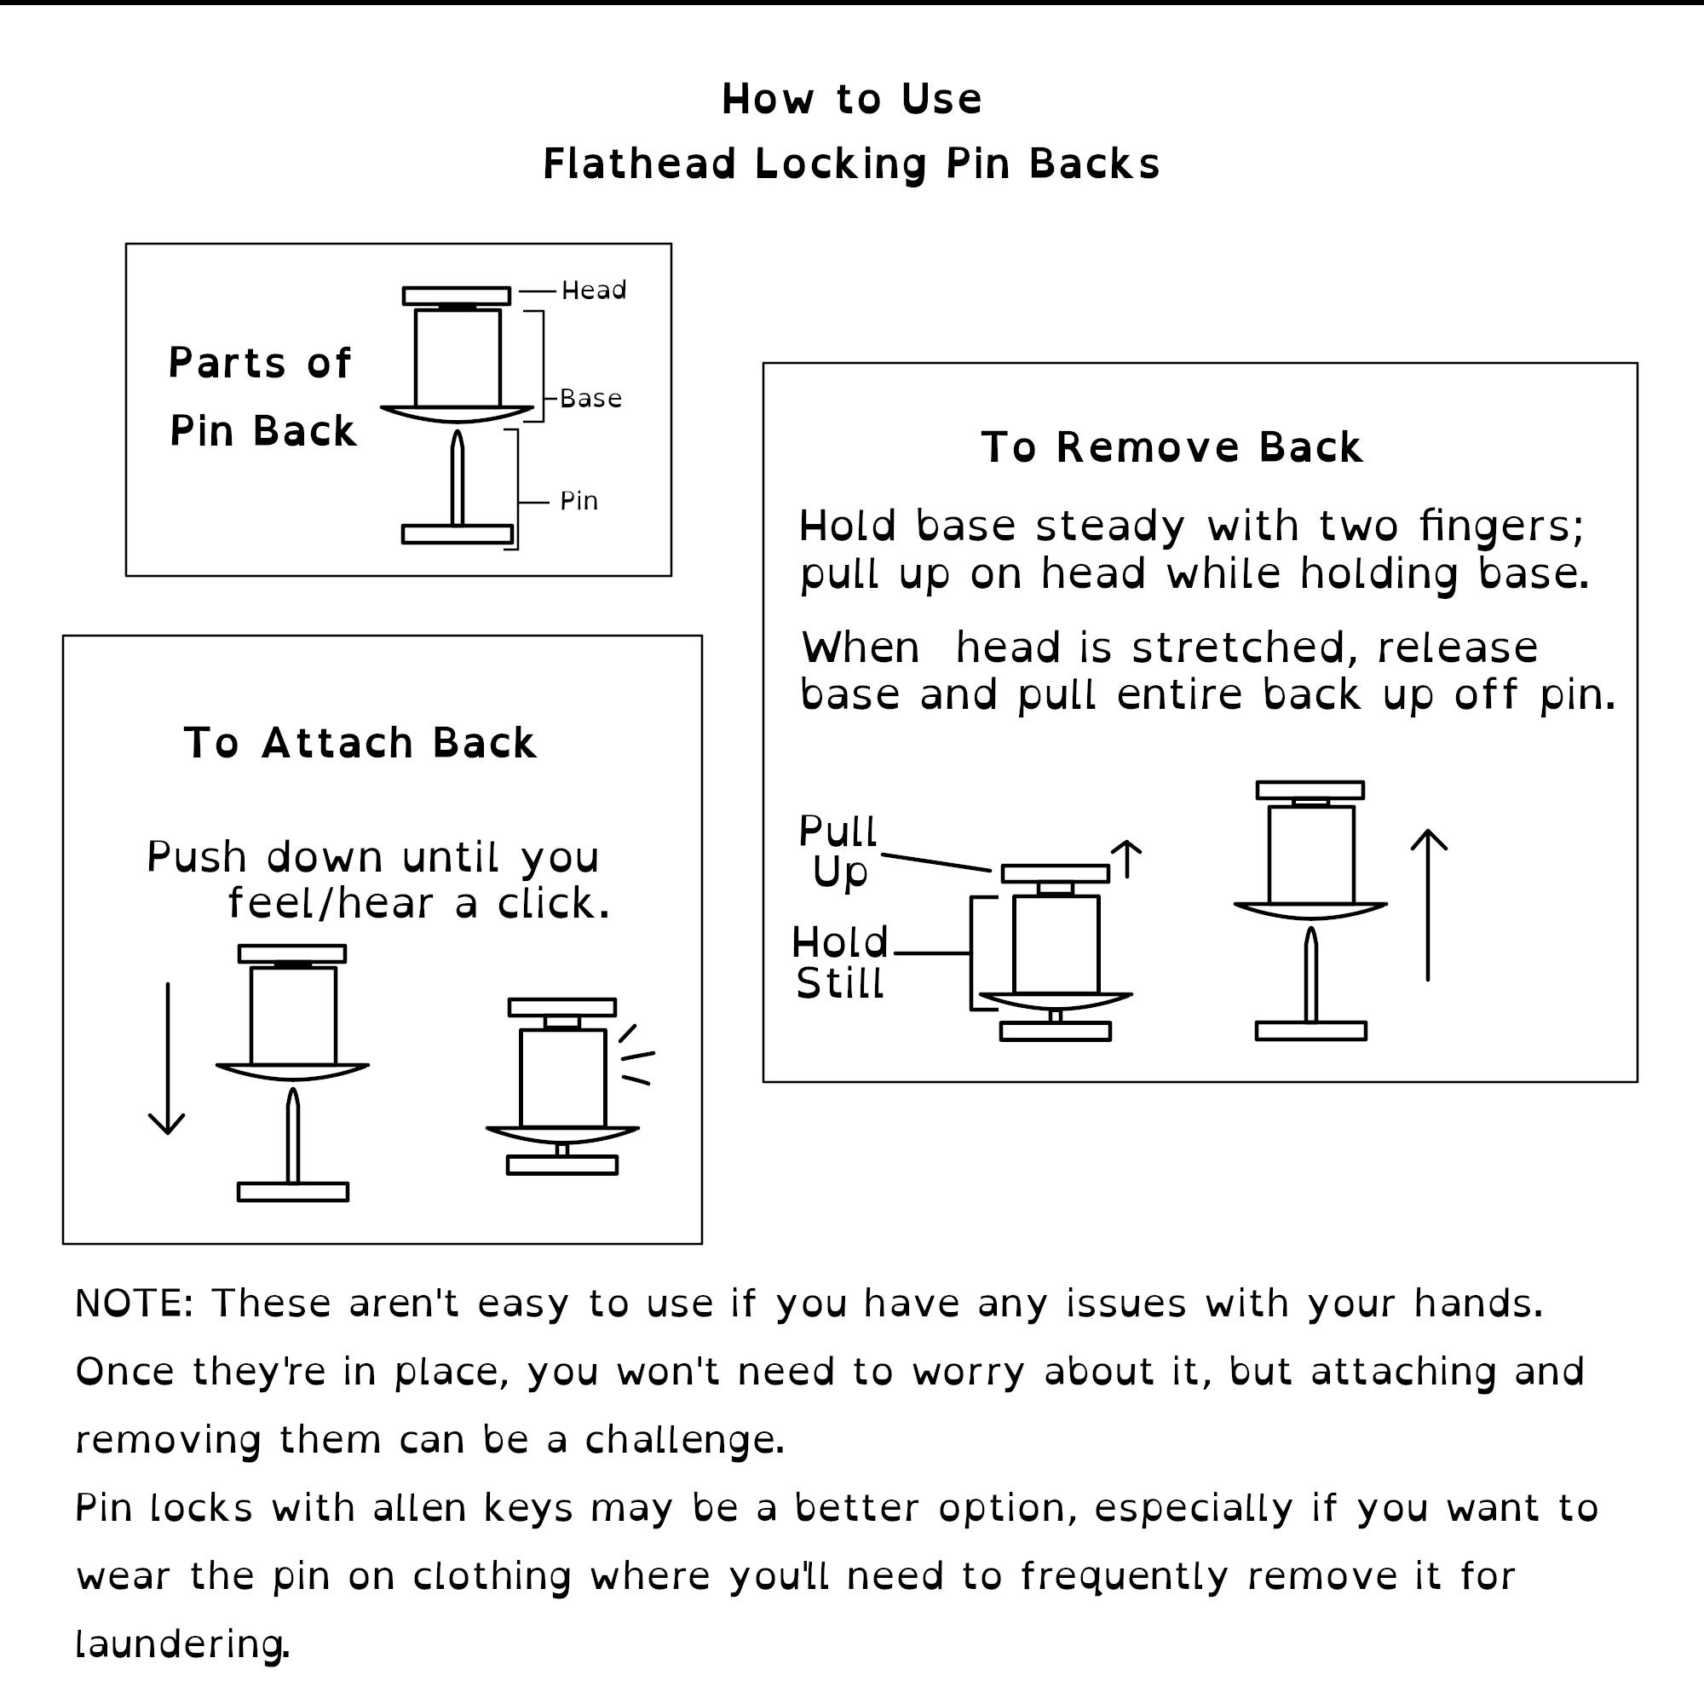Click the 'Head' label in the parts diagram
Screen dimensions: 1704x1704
pyautogui.click(x=594, y=291)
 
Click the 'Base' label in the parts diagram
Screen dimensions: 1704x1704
pyautogui.click(x=591, y=399)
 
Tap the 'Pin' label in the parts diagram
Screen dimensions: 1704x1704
pyautogui.click(x=579, y=501)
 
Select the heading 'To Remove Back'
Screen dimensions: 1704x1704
pyautogui.click(x=1172, y=447)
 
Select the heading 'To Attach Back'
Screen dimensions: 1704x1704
pyautogui.click(x=360, y=743)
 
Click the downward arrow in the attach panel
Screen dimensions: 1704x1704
pyautogui.click(x=167, y=1058)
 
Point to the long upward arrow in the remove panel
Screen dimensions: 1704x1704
pyautogui.click(x=1428, y=905)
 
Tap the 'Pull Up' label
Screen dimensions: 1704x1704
pyautogui.click(x=838, y=852)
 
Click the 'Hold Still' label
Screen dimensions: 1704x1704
pyautogui.click(x=840, y=963)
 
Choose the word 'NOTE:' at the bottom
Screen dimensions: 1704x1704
pyautogui.click(x=134, y=1304)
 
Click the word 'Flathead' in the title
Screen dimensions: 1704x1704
pyautogui.click(x=640, y=164)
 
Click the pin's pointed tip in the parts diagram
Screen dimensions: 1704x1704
pyautogui.click(x=457, y=431)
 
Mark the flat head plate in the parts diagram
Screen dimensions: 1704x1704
pyautogui.click(x=456, y=296)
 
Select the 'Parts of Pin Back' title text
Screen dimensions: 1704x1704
pyautogui.click(x=262, y=397)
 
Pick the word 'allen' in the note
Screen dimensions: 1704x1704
pyautogui.click(x=420, y=1508)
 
